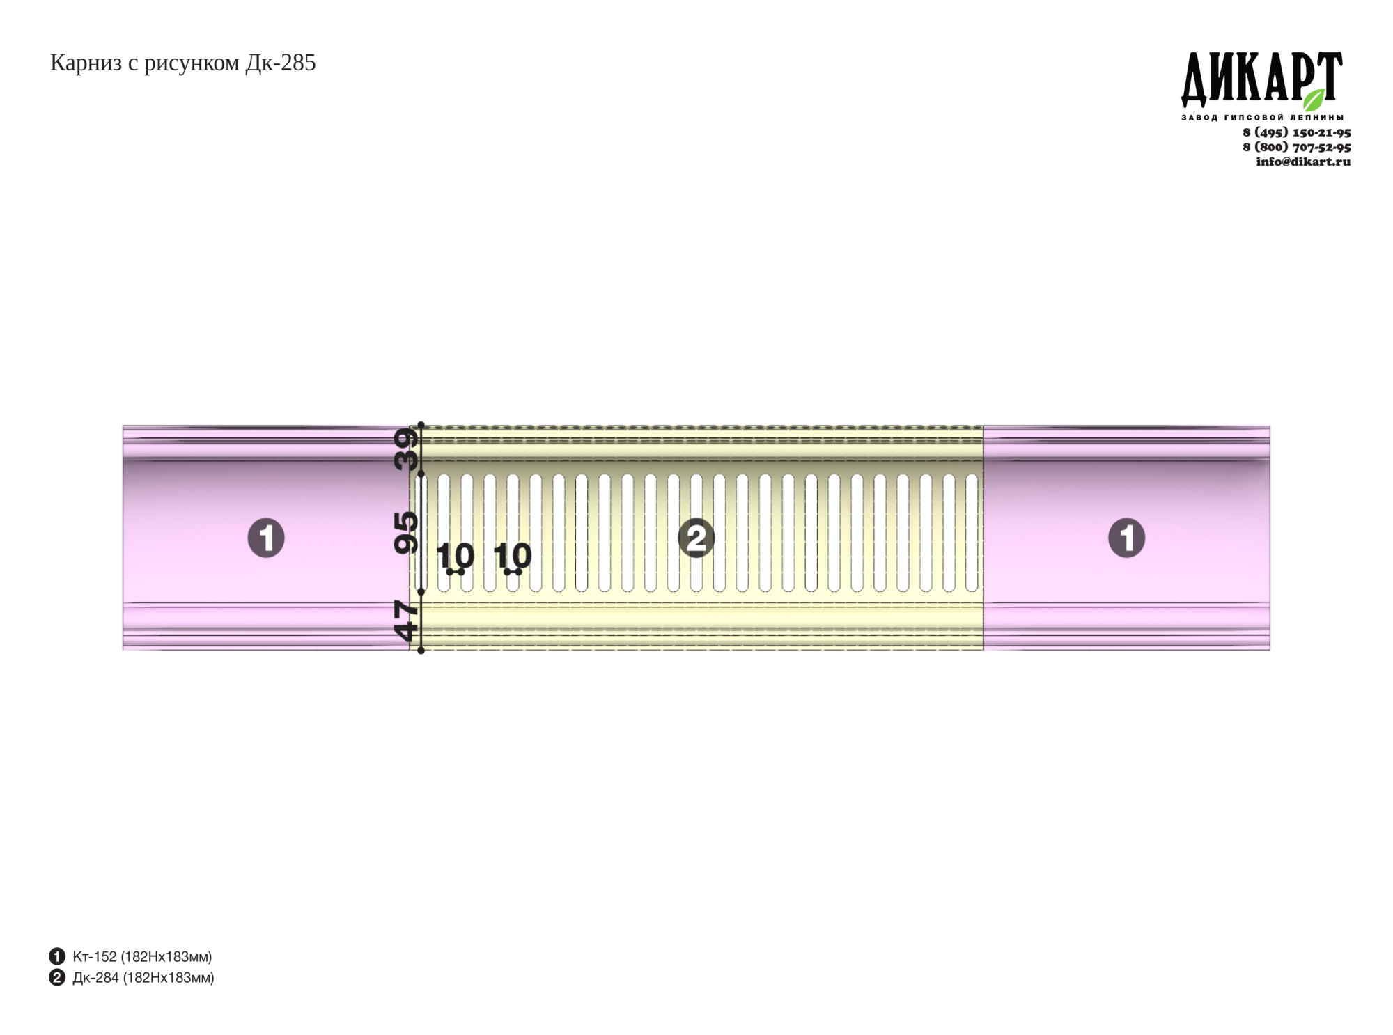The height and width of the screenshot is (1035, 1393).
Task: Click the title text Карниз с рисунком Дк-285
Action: pos(182,63)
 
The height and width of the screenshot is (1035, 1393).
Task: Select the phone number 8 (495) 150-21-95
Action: pos(1297,132)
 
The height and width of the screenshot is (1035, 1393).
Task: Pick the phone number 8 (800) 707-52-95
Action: pos(1297,147)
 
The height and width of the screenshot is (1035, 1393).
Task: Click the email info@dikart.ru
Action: pos(1303,162)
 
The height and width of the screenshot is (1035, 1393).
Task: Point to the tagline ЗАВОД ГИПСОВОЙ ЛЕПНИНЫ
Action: pos(1262,118)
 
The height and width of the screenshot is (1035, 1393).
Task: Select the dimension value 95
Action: pos(407,533)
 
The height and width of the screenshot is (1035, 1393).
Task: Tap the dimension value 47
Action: pos(407,621)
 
